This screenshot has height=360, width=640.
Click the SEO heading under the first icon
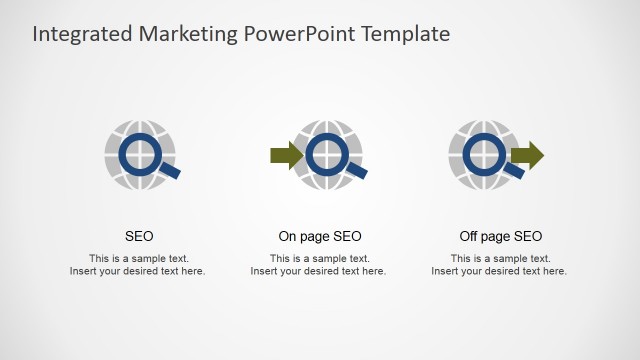pos(139,237)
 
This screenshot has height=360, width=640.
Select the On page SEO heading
pos(320,237)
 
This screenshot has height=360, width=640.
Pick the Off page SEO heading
pos(501,237)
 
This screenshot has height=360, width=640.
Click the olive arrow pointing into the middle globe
pos(286,155)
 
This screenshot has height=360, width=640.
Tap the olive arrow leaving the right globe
pos(527,155)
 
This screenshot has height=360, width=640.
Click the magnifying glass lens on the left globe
pos(139,154)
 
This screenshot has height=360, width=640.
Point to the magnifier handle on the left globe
pos(170,172)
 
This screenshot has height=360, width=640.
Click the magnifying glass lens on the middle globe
pos(325,154)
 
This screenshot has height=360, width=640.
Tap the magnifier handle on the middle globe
pos(357,172)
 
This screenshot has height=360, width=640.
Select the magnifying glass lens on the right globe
pos(484,154)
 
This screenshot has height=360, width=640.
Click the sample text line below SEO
pos(139,258)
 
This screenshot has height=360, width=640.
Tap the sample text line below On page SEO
pos(319,258)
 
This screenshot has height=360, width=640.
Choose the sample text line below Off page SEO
pos(500,258)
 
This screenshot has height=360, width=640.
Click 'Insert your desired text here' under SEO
pos(138,271)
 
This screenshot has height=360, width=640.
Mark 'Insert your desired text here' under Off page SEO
pos(499,271)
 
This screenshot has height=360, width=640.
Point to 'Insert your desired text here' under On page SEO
pos(318,271)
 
